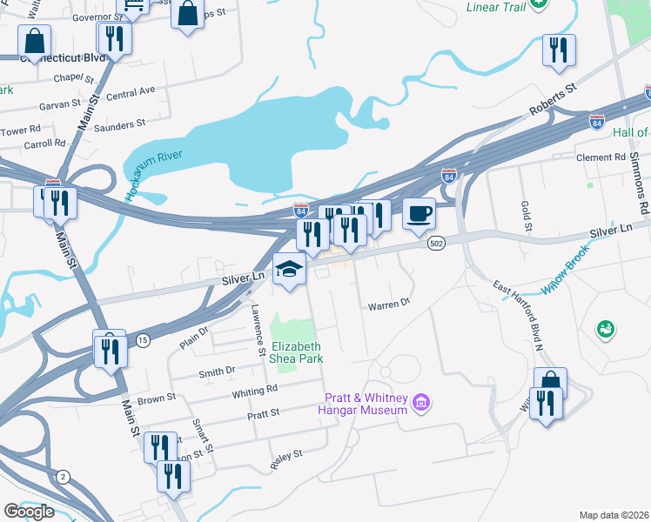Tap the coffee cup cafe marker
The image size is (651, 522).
click(x=419, y=213)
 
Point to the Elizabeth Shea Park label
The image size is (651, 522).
click(x=292, y=351)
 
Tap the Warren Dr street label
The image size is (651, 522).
click(x=388, y=305)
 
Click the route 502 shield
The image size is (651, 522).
click(x=437, y=245)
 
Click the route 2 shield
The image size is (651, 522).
click(x=63, y=476)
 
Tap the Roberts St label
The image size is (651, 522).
click(x=554, y=101)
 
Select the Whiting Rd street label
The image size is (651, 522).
click(x=254, y=391)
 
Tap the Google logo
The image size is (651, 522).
click(x=29, y=511)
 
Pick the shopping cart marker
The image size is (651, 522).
click(x=131, y=7)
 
